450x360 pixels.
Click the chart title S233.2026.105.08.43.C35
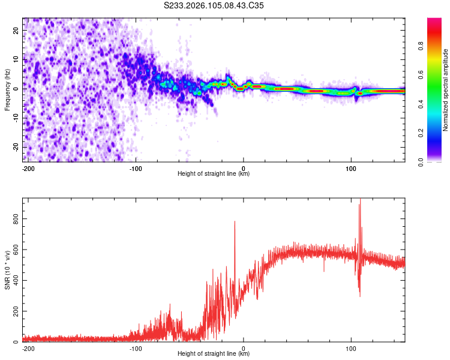[x=214, y=5]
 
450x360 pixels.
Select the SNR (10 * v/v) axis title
[x=7, y=270]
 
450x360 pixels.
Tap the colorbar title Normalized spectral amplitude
[x=446, y=90]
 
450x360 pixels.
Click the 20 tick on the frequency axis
[x=16, y=30]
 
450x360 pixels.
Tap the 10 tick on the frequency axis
[x=16, y=59]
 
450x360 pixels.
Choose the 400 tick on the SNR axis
[x=16, y=281]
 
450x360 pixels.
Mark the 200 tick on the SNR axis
[x=16, y=311]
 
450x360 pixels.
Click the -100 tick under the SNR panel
[x=136, y=349]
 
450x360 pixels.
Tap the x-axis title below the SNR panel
[x=214, y=354]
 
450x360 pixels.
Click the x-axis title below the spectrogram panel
[x=214, y=174]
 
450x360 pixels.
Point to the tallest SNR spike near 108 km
[x=360, y=200]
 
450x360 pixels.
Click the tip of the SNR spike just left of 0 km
[x=235, y=221]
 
